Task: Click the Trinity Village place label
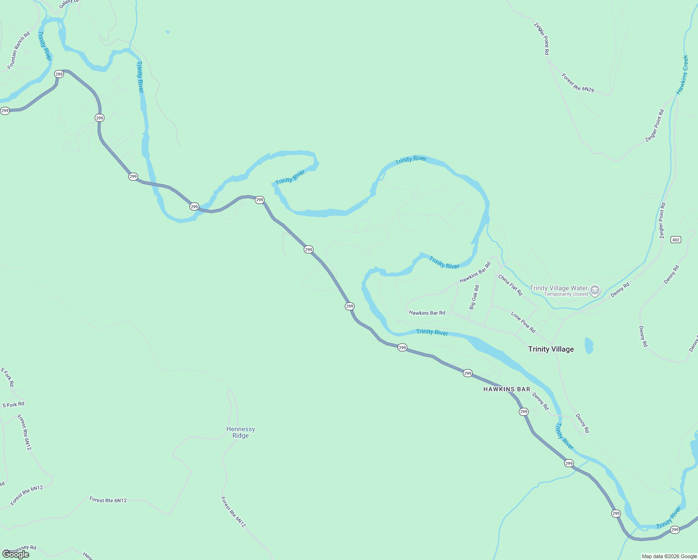coord(551,349)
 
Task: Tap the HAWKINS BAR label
coord(507,389)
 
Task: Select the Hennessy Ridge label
coord(240,432)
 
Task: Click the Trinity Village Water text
coord(558,288)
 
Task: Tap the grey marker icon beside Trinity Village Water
coord(595,290)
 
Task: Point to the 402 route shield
coord(676,239)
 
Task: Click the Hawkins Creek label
coord(682,75)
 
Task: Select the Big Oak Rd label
coord(474,297)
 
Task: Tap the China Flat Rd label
coord(510,285)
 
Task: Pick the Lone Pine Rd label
coord(523,322)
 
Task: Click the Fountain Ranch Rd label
coord(19,50)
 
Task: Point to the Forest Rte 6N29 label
coord(578,83)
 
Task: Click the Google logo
coord(15,554)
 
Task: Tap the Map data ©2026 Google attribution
coord(669,556)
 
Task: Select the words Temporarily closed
coord(566,294)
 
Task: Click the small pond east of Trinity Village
coord(589,345)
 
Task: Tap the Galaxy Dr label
coord(70,4)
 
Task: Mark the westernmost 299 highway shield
coord(5,111)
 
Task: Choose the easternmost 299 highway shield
coord(675,530)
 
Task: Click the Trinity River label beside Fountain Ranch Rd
coord(45,46)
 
